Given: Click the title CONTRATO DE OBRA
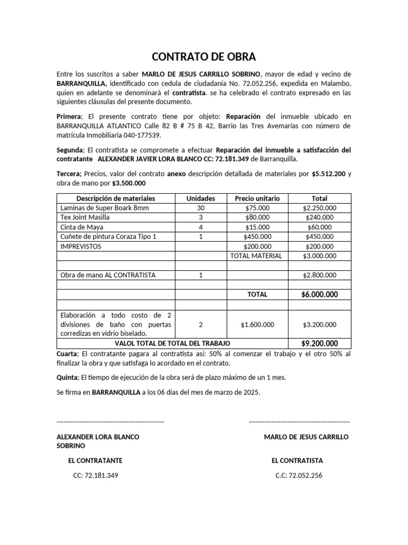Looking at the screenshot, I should (x=204, y=56).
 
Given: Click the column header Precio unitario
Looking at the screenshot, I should (x=257, y=198).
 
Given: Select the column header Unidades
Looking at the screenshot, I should (x=201, y=198).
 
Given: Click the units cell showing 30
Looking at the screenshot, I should (x=201, y=208).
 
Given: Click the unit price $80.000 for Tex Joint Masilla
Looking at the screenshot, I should (x=257, y=217).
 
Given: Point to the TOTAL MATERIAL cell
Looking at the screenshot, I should (x=257, y=255).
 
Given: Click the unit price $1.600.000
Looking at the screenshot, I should (x=257, y=324).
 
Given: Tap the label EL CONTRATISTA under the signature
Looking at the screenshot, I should (x=297, y=460).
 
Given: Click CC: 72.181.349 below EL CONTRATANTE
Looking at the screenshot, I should (x=96, y=475).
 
